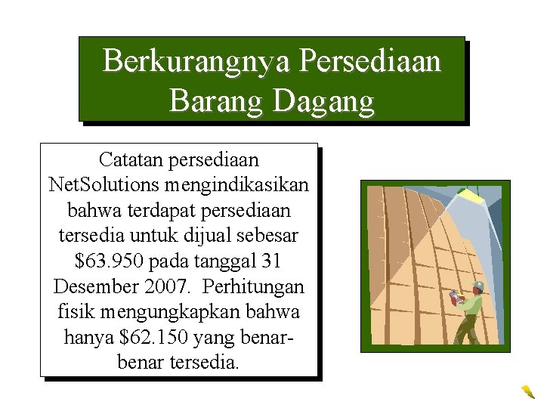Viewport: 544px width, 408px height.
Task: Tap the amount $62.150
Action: (x=141, y=336)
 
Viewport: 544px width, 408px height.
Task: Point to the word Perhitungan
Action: (x=258, y=286)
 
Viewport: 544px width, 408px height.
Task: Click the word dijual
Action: (x=212, y=236)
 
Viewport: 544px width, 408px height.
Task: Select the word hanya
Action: (x=89, y=336)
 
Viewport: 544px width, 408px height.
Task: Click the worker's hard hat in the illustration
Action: (x=478, y=286)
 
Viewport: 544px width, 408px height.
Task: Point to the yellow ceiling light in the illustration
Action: (x=471, y=197)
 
